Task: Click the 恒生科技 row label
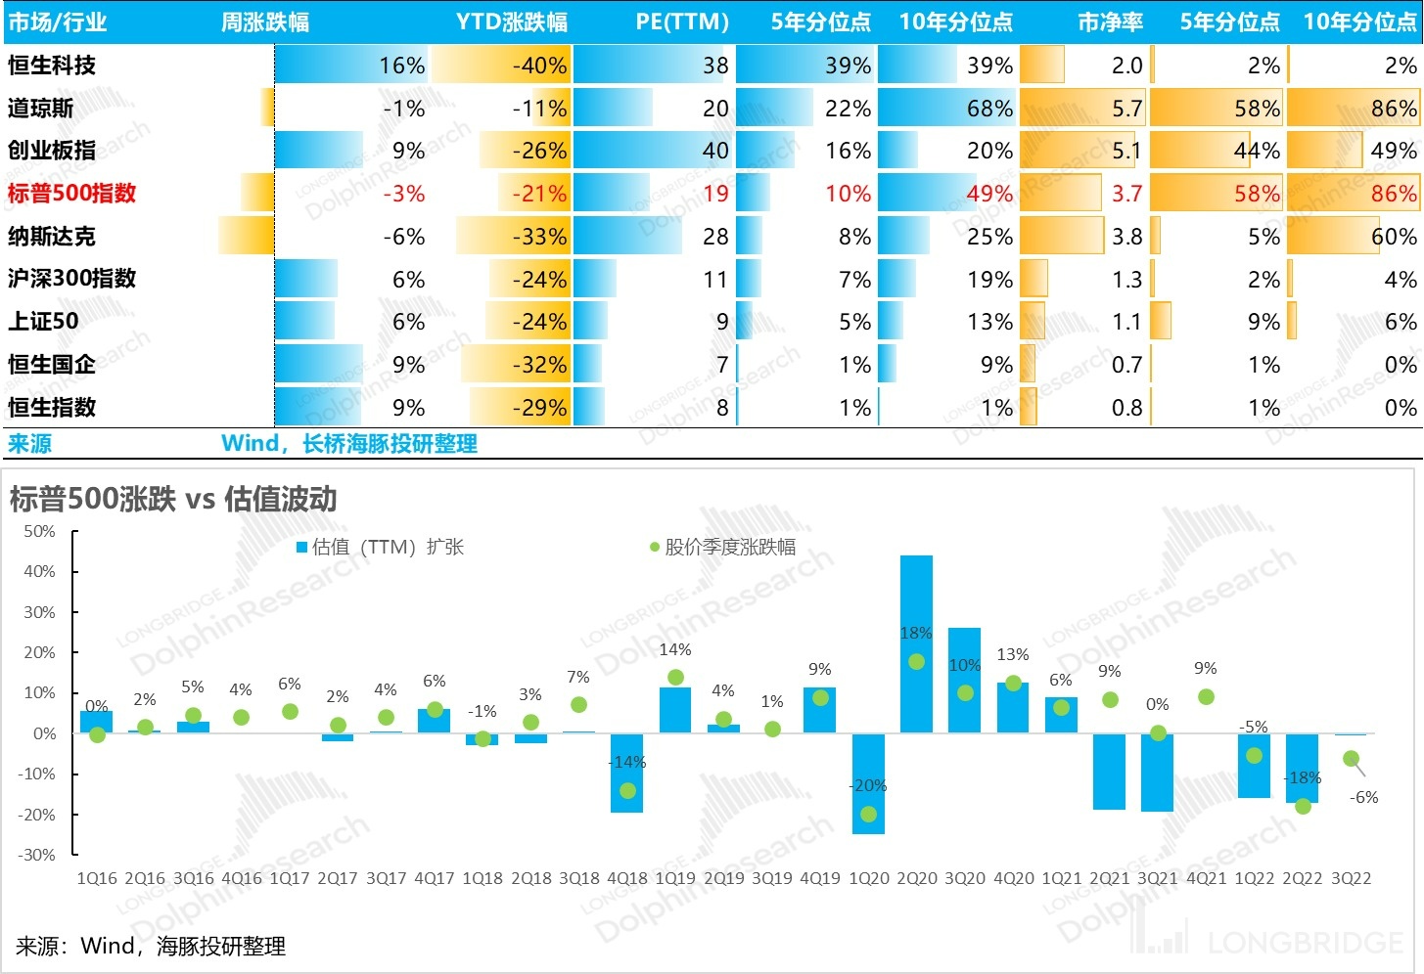pyautogui.click(x=52, y=66)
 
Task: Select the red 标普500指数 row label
pyautogui.click(x=71, y=193)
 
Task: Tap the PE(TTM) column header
pyautogui.click(x=682, y=22)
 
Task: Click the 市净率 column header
pyautogui.click(x=1110, y=22)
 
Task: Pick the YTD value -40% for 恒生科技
pyautogui.click(x=539, y=66)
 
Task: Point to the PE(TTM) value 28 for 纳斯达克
pyautogui.click(x=715, y=236)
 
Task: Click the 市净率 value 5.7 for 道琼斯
pyautogui.click(x=1126, y=109)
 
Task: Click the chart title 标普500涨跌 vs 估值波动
pyautogui.click(x=173, y=500)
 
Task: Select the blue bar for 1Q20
pyautogui.click(x=868, y=782)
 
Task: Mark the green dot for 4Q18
pyautogui.click(x=627, y=790)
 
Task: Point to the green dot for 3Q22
pyautogui.click(x=1351, y=759)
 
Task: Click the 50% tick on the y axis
pyautogui.click(x=39, y=531)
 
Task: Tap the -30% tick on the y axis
pyautogui.click(x=37, y=855)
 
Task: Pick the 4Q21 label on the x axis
pyautogui.click(x=1206, y=878)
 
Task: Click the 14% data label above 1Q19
pyautogui.click(x=675, y=649)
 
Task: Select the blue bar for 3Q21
pyautogui.click(x=1157, y=773)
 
